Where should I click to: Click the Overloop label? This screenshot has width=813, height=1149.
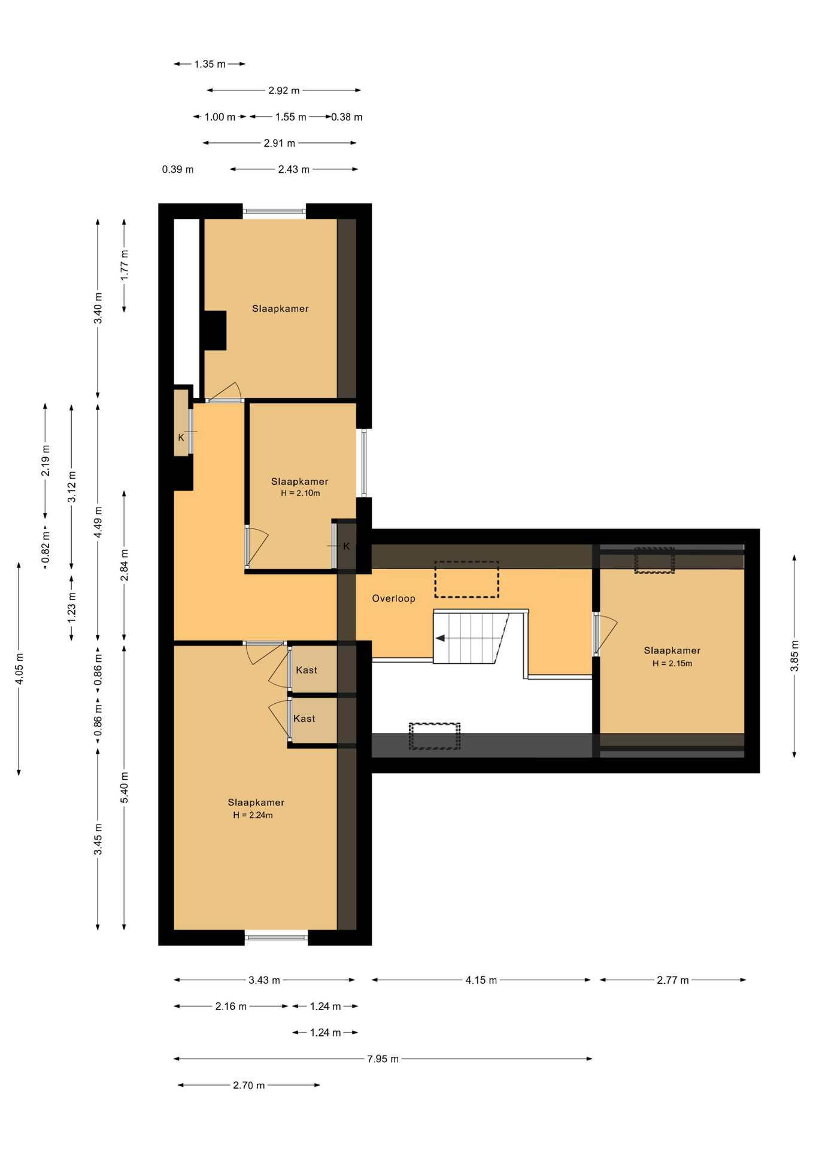(x=393, y=598)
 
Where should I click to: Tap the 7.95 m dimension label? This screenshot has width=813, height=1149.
(x=383, y=1059)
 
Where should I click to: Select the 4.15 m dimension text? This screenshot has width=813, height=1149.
(x=481, y=980)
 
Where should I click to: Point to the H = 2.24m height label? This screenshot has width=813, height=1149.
(x=253, y=815)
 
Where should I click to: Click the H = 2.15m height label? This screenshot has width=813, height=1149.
(x=672, y=663)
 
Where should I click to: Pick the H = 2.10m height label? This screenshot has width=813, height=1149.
(x=301, y=493)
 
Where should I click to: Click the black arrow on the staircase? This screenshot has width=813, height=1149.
(x=440, y=638)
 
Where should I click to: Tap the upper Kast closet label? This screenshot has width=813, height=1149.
(x=307, y=670)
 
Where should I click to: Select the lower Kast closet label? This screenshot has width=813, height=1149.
(x=304, y=719)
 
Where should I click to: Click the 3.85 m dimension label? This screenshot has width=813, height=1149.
(x=794, y=656)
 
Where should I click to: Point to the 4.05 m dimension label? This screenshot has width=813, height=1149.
(x=19, y=668)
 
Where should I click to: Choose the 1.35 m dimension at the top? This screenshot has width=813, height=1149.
(x=210, y=64)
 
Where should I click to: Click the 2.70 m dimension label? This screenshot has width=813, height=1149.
(x=248, y=1085)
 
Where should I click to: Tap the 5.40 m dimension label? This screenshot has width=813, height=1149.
(x=125, y=788)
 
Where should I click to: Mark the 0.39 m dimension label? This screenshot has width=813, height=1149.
(x=178, y=169)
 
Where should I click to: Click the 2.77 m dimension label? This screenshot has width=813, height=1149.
(x=673, y=980)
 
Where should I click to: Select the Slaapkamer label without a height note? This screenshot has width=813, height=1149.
(x=280, y=309)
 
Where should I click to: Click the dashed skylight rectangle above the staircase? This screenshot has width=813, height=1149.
(x=466, y=579)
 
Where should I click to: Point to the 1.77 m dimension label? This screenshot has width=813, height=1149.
(x=125, y=264)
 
